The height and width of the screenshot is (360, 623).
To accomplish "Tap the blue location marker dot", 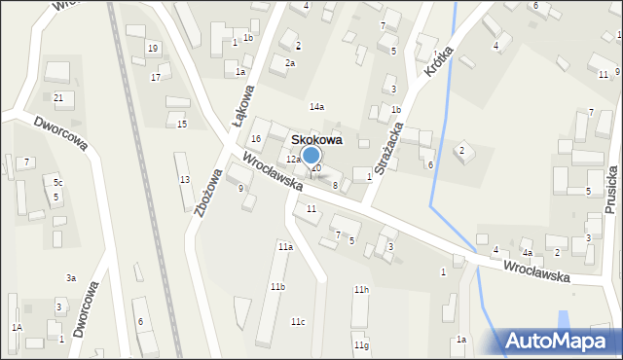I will click(311, 155).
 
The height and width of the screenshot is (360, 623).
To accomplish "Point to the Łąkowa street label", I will click(243, 106).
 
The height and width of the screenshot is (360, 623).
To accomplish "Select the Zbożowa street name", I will click(208, 174).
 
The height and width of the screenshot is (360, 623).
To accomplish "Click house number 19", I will click(152, 48).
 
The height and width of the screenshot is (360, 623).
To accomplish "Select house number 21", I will click(58, 97).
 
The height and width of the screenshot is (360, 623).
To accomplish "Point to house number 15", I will click(181, 124).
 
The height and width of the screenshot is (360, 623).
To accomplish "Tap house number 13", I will click(184, 180).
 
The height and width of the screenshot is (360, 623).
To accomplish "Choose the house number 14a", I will click(316, 106).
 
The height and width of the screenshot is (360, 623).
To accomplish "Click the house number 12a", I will click(292, 159).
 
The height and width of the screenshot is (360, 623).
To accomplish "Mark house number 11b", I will click(277, 287).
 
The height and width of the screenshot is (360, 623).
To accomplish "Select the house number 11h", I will click(361, 290).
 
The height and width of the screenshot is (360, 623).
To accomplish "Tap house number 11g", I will click(361, 345).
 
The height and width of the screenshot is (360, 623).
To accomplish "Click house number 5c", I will click(58, 183).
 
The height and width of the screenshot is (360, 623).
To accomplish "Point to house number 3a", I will click(71, 278).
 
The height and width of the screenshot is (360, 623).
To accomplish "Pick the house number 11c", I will click(298, 322).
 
